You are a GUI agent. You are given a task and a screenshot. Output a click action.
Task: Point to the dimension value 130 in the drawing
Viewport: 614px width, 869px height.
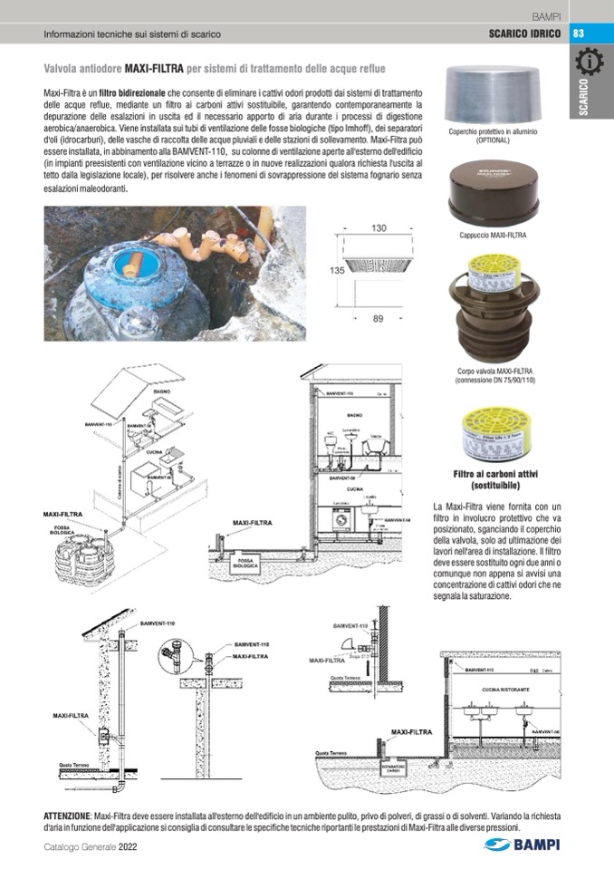[x=379, y=228]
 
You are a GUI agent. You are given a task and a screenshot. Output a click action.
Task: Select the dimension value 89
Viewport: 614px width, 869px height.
[x=379, y=318]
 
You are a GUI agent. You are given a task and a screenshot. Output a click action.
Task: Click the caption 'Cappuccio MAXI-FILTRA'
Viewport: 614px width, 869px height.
[x=494, y=236]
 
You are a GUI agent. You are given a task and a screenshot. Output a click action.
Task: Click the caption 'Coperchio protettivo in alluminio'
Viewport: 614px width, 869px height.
[x=494, y=132]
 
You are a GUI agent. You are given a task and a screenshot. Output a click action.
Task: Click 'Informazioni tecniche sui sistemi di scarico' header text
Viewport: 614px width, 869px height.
[x=132, y=34]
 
